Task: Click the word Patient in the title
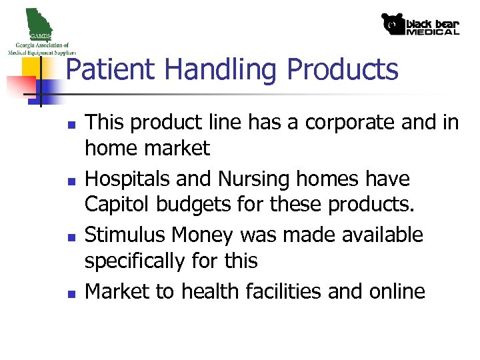(111, 70)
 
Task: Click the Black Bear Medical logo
(420, 24)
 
